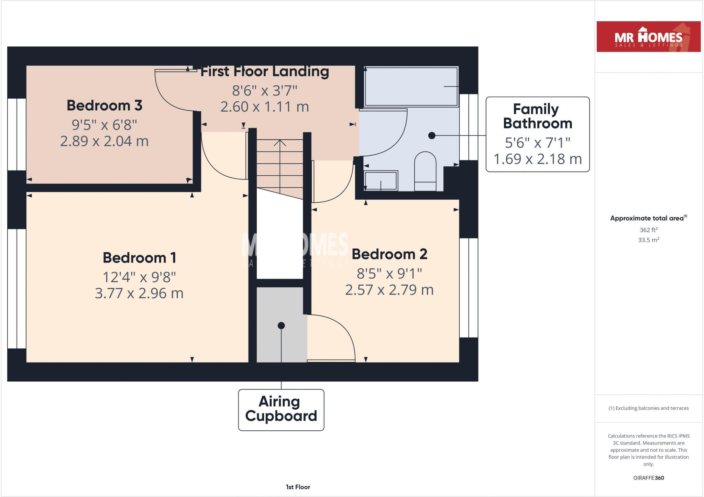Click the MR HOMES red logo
pos(648,36)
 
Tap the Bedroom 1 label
pos(139,258)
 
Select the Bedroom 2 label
pos(389,254)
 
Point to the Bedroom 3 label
pos(104,106)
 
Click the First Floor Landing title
pos(264,71)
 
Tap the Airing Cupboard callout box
pos(281,409)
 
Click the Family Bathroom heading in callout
pos(537,116)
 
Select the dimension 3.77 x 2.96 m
pos(139,293)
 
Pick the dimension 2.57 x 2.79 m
pos(389,290)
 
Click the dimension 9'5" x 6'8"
pos(104,125)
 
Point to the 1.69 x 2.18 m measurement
pos(537,159)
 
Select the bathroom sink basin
pos(381,181)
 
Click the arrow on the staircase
pos(280,143)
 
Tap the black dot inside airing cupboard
pos(281,325)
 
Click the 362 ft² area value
pos(648,230)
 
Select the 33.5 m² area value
pos(648,240)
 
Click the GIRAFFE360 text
pos(648,478)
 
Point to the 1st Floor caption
pos(298,487)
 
